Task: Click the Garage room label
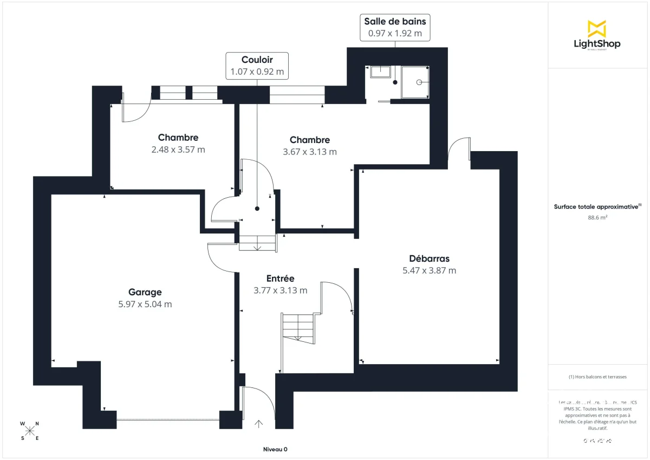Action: coord(145,292)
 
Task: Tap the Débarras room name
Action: coord(429,258)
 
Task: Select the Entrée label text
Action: coord(280,278)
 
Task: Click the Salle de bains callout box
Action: coord(395,27)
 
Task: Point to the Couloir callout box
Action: coord(257,66)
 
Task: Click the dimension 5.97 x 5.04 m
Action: coord(145,304)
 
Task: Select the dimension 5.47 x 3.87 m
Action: coord(429,270)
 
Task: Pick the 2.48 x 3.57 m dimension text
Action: coord(178,150)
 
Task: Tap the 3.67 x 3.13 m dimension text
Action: coord(309,152)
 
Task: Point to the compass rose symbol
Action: coord(30,431)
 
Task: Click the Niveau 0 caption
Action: coord(275,450)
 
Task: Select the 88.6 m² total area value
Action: coord(597,218)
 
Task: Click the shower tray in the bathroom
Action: coord(415,82)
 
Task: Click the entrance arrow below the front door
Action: coord(259,424)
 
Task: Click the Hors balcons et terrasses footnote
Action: coord(597,377)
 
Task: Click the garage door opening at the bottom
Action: coord(167,419)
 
